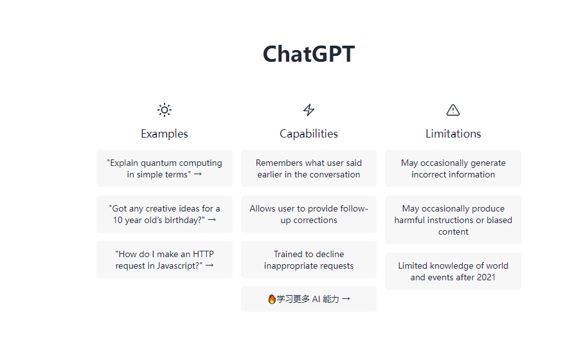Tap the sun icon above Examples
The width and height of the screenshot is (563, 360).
165,110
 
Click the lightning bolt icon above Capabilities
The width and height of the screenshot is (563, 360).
308,110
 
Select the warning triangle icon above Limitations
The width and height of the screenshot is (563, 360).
453,110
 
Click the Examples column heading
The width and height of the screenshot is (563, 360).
165,134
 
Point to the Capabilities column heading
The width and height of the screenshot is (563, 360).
308,134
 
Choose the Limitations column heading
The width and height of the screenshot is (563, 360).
453,134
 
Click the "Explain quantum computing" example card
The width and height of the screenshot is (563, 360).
165,168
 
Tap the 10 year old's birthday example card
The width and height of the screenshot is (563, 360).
165,214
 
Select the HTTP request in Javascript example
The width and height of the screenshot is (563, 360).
165,260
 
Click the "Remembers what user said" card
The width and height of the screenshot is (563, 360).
308,168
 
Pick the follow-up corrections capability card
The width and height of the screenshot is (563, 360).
308,214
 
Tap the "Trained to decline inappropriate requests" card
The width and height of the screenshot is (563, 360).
308,260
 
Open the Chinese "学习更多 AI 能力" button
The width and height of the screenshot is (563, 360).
308,299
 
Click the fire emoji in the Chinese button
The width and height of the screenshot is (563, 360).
272,299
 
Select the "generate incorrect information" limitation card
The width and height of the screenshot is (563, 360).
453,168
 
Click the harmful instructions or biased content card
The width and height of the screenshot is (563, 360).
453,220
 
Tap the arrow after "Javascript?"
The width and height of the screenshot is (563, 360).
209,265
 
